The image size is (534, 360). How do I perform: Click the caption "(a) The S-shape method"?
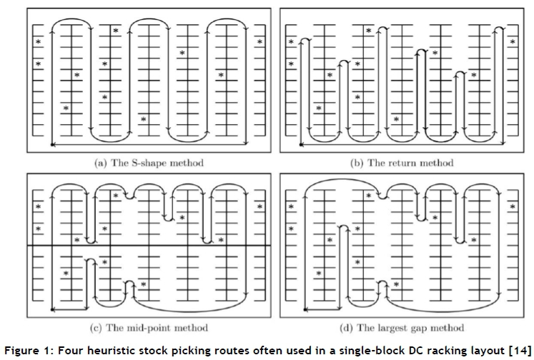[149, 163]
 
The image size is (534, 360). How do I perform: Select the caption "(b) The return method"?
[401, 163]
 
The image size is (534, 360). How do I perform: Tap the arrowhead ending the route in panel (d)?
[306, 309]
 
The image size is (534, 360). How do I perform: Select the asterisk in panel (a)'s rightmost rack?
[259, 42]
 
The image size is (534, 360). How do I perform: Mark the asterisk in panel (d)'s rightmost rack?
[513, 207]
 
